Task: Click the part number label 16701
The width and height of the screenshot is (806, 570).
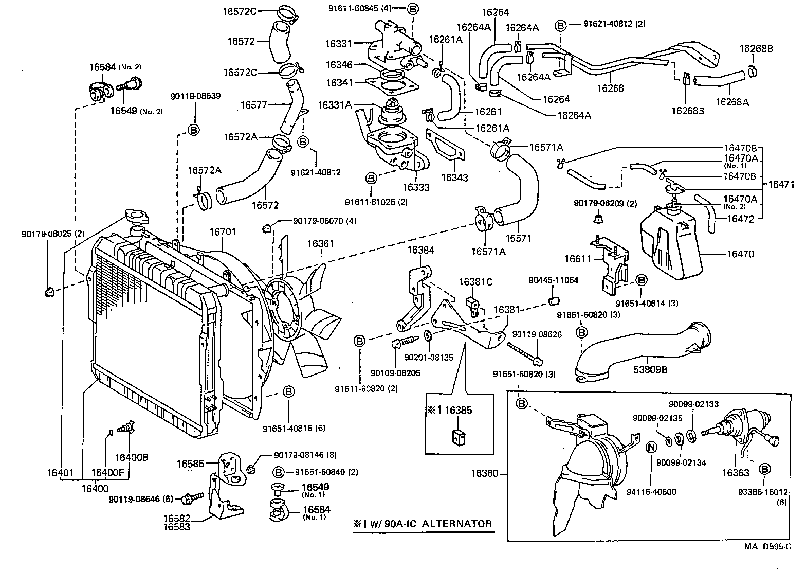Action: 223,232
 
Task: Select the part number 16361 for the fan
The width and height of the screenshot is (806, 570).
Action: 321,243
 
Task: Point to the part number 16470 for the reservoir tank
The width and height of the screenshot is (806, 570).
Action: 741,254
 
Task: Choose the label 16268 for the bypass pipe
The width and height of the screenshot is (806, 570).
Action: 611,88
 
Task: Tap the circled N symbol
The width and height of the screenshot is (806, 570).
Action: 650,447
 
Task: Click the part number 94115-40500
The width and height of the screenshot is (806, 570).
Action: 651,492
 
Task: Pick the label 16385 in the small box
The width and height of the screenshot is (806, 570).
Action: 458,410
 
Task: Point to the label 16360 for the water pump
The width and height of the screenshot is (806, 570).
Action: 485,473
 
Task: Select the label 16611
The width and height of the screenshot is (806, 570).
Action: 578,258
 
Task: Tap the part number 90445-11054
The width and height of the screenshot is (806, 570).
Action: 554,280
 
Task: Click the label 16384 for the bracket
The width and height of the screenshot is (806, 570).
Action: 421,250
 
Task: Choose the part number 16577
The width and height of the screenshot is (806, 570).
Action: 254,105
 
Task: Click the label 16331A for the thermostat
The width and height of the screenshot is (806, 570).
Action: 335,105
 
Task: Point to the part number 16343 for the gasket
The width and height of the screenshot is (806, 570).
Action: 454,178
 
